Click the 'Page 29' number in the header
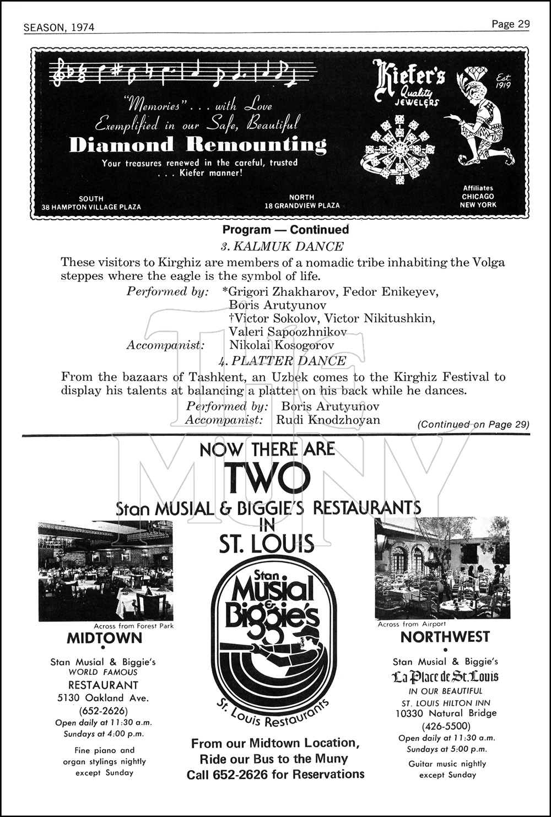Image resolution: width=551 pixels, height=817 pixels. pyautogui.click(x=510, y=24)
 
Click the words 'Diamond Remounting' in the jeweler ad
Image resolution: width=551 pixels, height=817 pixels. pyautogui.click(x=198, y=144)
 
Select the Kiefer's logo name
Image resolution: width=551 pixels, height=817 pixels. pyautogui.click(x=408, y=78)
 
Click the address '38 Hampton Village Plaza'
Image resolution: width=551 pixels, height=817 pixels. pyautogui.click(x=91, y=207)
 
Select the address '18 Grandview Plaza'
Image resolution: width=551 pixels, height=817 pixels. pyautogui.click(x=302, y=205)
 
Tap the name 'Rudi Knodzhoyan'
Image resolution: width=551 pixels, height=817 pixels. pyautogui.click(x=328, y=419)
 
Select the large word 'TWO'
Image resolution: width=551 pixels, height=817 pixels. pyautogui.click(x=267, y=478)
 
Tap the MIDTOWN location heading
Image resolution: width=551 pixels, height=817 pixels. pyautogui.click(x=104, y=638)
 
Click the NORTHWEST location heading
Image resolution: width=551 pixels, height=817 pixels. pyautogui.click(x=445, y=637)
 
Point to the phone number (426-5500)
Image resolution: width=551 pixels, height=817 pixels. pyautogui.click(x=446, y=726)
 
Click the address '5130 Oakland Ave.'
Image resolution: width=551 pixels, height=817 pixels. pyautogui.click(x=103, y=697)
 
